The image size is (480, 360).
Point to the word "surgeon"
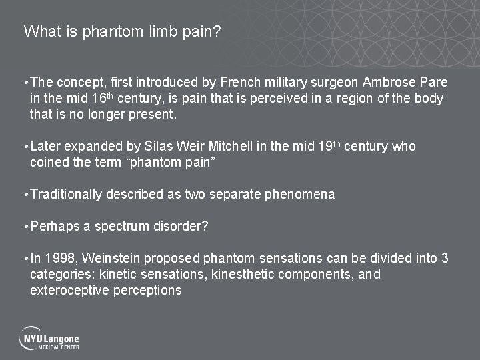point(331,82)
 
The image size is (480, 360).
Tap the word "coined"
point(48,163)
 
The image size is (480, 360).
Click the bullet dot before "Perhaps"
point(25,227)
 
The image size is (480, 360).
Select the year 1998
point(58,259)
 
